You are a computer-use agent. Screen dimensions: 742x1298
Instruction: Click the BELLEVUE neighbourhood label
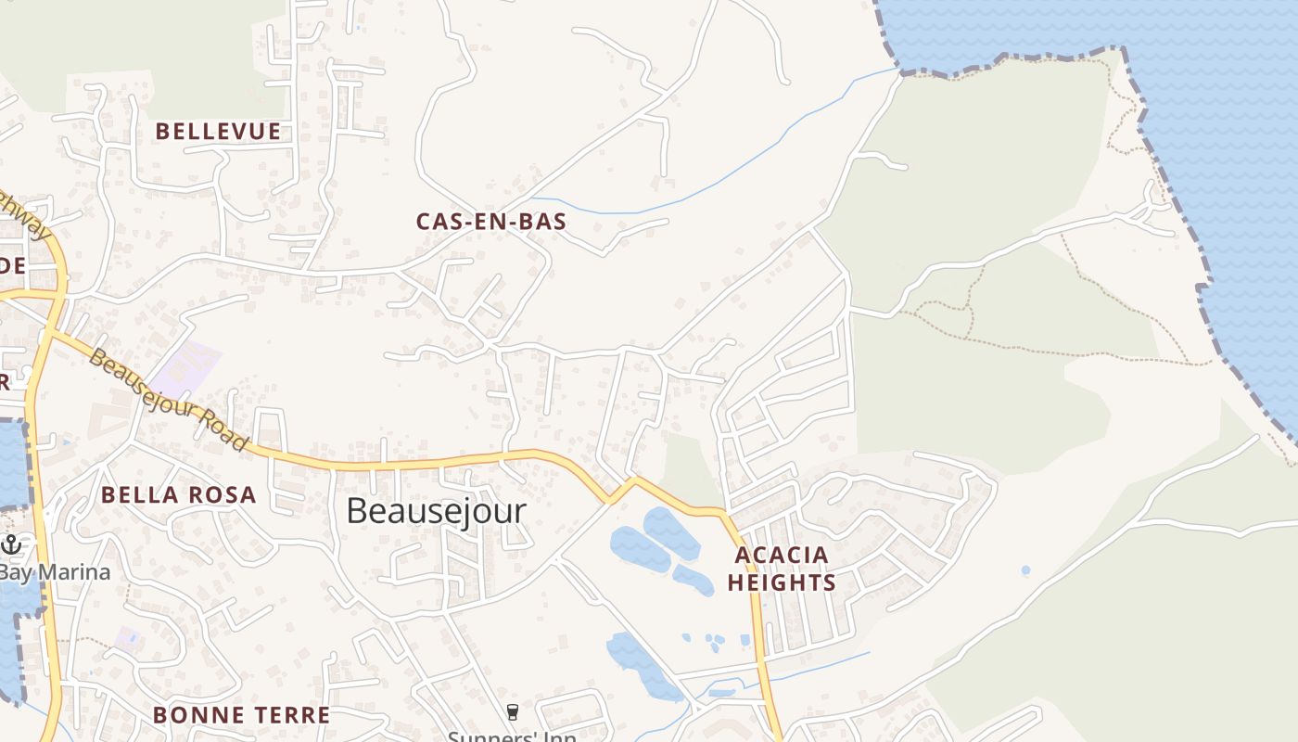(x=218, y=132)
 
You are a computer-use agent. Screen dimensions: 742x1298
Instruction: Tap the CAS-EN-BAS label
(x=490, y=222)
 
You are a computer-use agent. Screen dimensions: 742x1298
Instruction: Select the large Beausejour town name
(x=436, y=511)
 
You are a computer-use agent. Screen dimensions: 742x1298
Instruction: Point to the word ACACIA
(x=782, y=556)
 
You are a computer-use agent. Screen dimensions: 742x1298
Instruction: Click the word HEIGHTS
(x=782, y=582)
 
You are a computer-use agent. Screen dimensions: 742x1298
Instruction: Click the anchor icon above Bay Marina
(x=11, y=544)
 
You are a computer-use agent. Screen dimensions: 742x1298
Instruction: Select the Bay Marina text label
(x=56, y=571)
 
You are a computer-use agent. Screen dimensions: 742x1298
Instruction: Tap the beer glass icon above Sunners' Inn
(x=512, y=712)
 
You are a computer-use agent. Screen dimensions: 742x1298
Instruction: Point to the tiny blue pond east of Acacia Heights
(x=1024, y=570)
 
